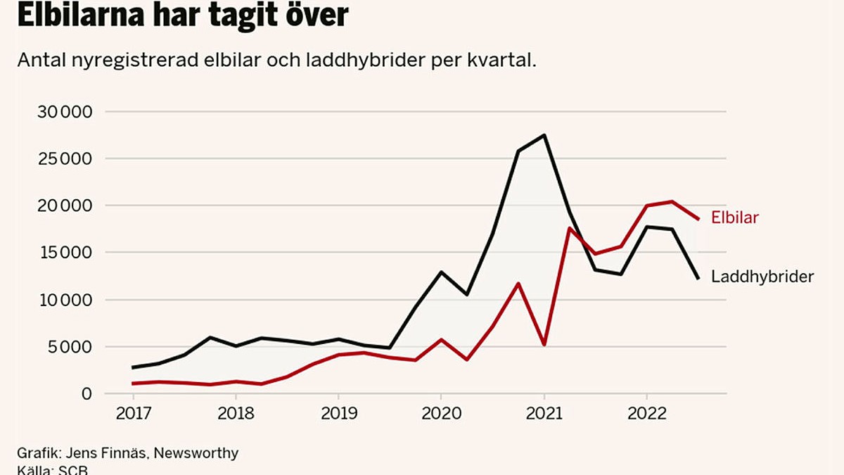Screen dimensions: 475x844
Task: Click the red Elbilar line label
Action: [734, 217]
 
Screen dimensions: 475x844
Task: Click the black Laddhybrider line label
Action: [762, 277]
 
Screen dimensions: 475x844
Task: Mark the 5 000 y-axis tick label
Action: [68, 347]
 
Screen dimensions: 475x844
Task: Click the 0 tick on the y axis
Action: [87, 393]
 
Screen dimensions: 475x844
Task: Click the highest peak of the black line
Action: [544, 135]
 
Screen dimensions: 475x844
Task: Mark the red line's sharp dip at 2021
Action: [544, 345]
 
